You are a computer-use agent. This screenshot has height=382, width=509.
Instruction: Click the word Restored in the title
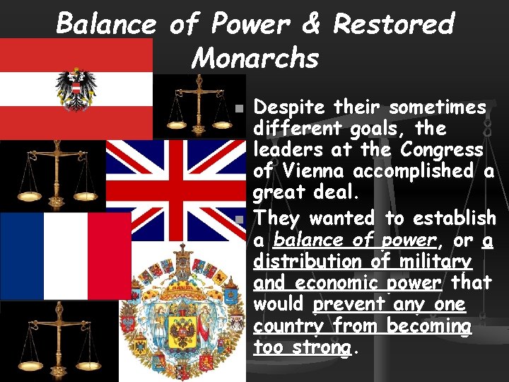[393, 25]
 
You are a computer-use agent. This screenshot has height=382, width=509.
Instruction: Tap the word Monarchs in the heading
[255, 57]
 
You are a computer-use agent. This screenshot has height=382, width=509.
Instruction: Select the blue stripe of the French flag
[21, 255]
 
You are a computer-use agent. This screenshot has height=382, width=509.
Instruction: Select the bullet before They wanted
[240, 221]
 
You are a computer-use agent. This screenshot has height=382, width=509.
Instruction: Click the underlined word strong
[322, 348]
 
